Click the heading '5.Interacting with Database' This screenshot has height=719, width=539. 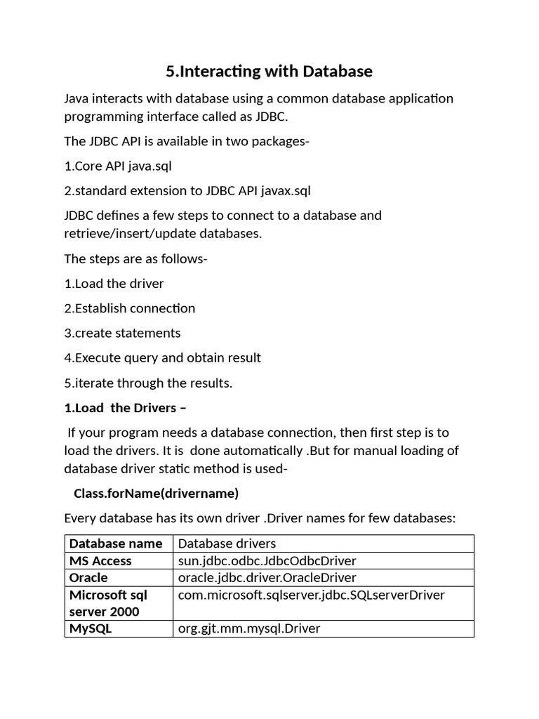click(269, 71)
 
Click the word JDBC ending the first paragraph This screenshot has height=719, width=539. click(269, 116)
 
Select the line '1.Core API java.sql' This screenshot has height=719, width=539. click(118, 166)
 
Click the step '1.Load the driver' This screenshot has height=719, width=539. click(114, 284)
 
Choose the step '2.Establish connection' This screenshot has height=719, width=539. click(130, 308)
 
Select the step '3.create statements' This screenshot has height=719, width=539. click(122, 333)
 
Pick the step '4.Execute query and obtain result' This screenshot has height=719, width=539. click(162, 357)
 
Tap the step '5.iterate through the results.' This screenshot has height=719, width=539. click(148, 383)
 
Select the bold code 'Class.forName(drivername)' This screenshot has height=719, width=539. click(156, 494)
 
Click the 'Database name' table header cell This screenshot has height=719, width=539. click(116, 543)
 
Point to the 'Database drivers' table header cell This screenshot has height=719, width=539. click(227, 543)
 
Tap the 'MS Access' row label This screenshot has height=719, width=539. click(100, 560)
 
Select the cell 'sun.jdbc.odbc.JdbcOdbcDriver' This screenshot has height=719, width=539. click(267, 560)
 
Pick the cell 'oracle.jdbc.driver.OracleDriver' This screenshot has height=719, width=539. click(267, 577)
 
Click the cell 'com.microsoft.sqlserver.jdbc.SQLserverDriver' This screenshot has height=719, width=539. click(312, 595)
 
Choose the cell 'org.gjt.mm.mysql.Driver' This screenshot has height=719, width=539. click(249, 628)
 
